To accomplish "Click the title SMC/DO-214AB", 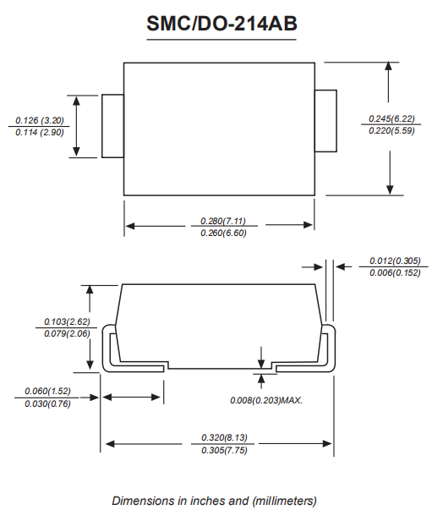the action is pyautogui.click(x=221, y=24).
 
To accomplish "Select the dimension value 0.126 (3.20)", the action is pyautogui.click(x=40, y=120).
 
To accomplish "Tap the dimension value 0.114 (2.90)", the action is pyautogui.click(x=40, y=132).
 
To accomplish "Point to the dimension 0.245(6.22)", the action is pyautogui.click(x=391, y=118).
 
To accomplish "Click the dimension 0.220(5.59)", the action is pyautogui.click(x=391, y=130).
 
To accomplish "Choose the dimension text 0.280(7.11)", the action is pyautogui.click(x=223, y=221).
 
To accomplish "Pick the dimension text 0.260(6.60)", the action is pyautogui.click(x=223, y=233).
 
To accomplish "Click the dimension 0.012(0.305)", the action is pyautogui.click(x=395, y=260).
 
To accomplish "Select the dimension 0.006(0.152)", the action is pyautogui.click(x=395, y=272).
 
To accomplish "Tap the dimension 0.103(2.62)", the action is pyautogui.click(x=67, y=321).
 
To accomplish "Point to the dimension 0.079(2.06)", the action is pyautogui.click(x=67, y=333).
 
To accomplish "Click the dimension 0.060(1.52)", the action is pyautogui.click(x=47, y=391).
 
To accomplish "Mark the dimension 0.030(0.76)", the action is pyautogui.click(x=47, y=403).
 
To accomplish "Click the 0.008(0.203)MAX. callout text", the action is pyautogui.click(x=266, y=400).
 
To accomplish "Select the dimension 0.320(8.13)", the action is pyautogui.click(x=224, y=437).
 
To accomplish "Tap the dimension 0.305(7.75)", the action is pyautogui.click(x=224, y=450).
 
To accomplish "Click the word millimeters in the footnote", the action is pyautogui.click(x=284, y=501).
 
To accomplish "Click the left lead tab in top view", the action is pyautogui.click(x=113, y=126).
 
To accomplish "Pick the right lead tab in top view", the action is pyautogui.click(x=325, y=121).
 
